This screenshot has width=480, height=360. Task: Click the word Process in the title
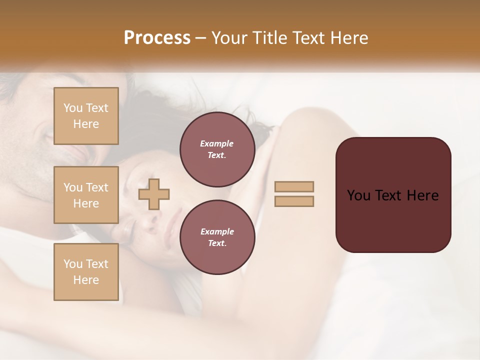[157, 37]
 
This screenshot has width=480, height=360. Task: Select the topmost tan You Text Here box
[86, 116]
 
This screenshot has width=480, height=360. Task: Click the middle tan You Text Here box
[86, 195]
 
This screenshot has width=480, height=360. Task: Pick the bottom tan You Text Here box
[86, 272]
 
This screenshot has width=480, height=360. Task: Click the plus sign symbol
[154, 194]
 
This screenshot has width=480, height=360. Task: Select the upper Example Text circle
[217, 149]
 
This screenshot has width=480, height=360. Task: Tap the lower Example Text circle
[217, 237]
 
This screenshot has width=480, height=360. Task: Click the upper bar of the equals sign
[294, 187]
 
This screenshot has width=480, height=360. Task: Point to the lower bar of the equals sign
[294, 201]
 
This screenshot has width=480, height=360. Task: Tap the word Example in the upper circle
[216, 143]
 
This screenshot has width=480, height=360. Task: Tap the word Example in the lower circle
[216, 231]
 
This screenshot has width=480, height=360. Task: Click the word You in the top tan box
[73, 108]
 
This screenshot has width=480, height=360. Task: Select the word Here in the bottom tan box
[86, 280]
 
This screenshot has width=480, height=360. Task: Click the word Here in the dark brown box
[422, 195]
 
